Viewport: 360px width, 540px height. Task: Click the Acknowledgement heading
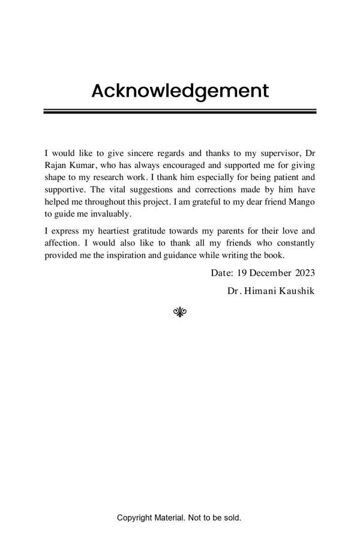coord(180,91)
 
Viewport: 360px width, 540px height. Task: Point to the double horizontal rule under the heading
coord(180,111)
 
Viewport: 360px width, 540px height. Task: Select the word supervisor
coord(280,153)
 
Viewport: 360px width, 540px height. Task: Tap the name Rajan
coord(56,165)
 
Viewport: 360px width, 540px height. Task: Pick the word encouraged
coord(181,165)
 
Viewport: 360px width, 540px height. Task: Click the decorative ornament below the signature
coord(180,311)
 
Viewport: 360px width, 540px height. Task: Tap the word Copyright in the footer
coord(134,517)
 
